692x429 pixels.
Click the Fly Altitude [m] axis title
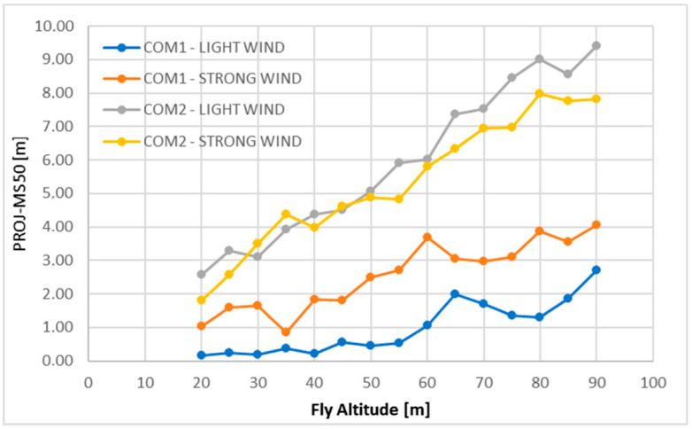coord(371,410)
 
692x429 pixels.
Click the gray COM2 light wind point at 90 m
coord(596,45)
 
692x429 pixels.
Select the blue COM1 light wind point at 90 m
coord(596,269)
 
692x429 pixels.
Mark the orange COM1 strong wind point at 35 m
coord(286,331)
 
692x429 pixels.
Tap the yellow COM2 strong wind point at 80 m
coord(540,93)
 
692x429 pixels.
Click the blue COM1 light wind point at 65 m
coord(455,293)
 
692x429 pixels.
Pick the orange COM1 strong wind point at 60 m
coord(427,237)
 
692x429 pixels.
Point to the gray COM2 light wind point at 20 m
coord(201,274)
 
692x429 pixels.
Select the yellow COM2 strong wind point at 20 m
coord(201,300)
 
